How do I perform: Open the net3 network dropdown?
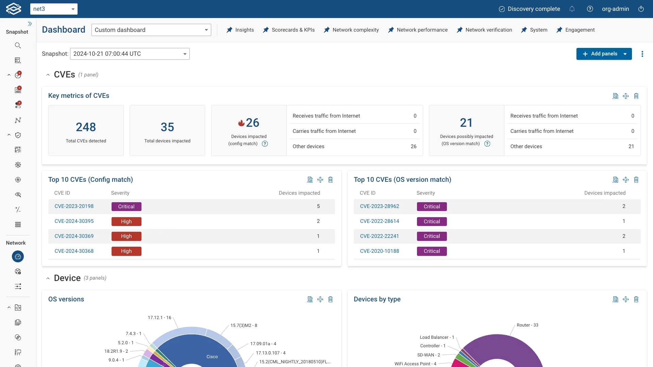tap(54, 9)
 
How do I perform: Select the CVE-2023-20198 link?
tap(74, 206)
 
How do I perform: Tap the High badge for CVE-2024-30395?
tap(126, 222)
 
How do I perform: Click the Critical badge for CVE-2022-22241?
tap(432, 236)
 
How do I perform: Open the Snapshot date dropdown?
tap(130, 54)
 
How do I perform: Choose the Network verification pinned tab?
tap(484, 30)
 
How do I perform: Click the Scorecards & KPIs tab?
tap(289, 30)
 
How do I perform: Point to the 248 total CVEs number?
tap(86, 127)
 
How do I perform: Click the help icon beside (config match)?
tap(265, 144)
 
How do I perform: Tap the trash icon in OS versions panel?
tap(331, 299)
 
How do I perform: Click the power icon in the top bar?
tap(641, 9)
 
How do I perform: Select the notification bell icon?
tap(572, 9)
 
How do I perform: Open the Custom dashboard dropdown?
tap(151, 30)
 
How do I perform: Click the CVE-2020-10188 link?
tap(380, 251)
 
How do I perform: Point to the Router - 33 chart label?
tap(528, 325)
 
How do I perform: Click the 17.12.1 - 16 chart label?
tap(160, 318)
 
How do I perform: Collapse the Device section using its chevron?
tap(48, 278)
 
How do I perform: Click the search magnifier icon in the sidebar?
tap(18, 46)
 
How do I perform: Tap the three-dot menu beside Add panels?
tap(642, 54)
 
